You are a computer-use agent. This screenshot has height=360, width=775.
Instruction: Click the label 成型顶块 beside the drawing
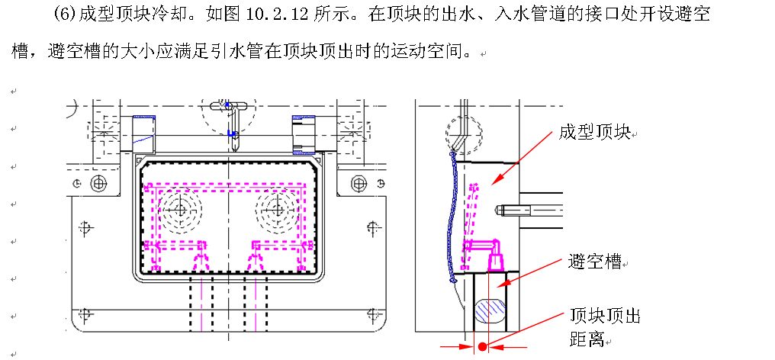coord(593,133)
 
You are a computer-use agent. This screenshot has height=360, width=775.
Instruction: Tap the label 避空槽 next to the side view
coord(594,262)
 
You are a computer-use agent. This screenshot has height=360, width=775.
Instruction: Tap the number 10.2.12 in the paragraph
coord(288,15)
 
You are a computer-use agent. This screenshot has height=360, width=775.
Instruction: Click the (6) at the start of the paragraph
coord(65,15)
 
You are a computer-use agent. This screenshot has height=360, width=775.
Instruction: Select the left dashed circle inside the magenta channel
coord(180,207)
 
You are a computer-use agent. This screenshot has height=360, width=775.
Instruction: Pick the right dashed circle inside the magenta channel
coord(275,207)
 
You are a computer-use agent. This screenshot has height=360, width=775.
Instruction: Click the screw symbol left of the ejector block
coord(98,183)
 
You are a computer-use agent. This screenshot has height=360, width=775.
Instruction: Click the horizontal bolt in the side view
coord(529,207)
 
